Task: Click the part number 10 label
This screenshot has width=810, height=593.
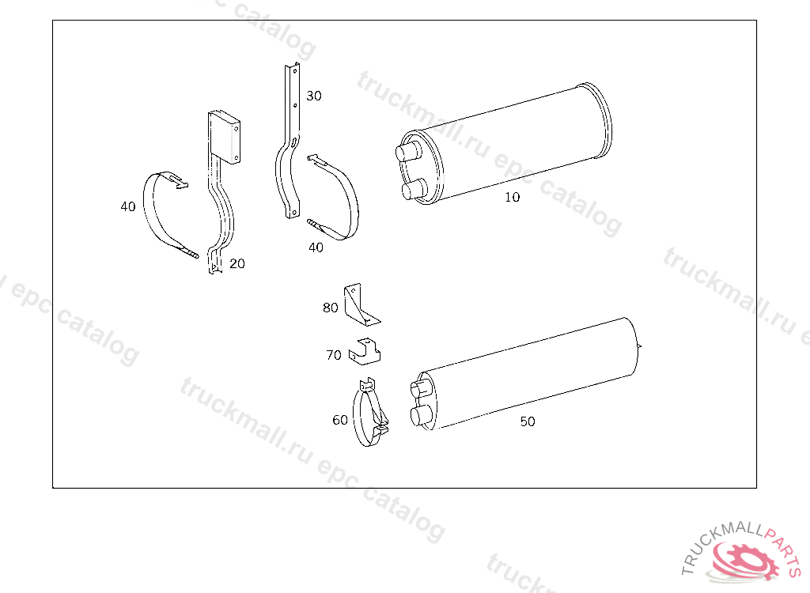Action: (512, 198)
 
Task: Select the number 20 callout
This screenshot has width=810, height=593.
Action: (237, 264)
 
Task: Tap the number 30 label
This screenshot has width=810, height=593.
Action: (313, 96)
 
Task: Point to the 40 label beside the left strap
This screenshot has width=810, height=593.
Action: (127, 206)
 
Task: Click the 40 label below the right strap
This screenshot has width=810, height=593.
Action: (316, 248)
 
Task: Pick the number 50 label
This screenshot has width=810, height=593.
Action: (528, 422)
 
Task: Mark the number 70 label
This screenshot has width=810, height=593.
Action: (334, 355)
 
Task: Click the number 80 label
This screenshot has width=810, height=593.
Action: (330, 308)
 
